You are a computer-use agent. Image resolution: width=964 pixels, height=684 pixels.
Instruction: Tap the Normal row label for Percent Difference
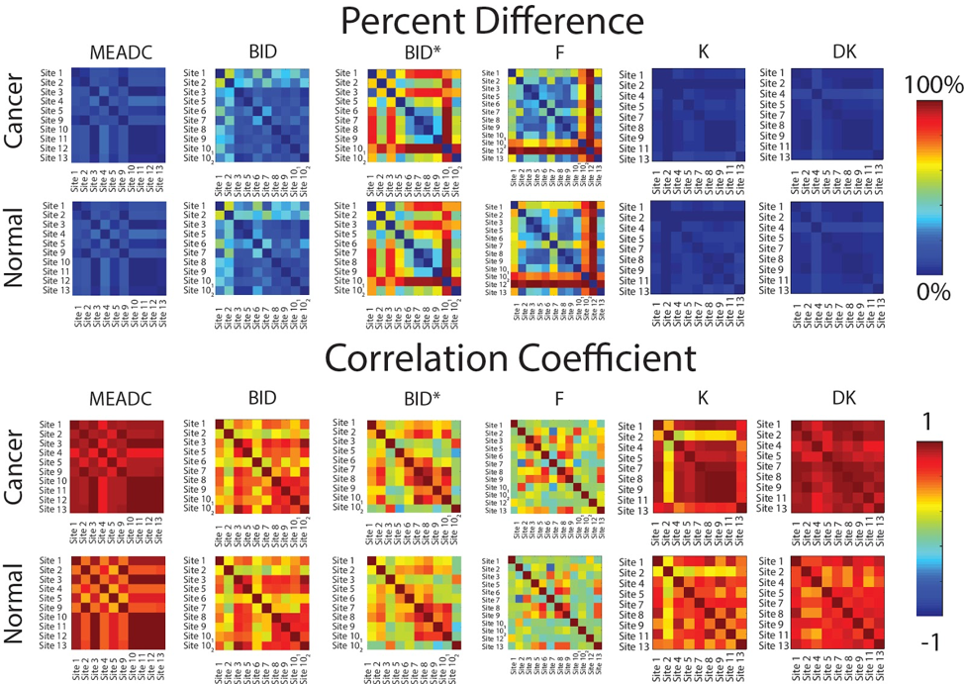pos(15,249)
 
